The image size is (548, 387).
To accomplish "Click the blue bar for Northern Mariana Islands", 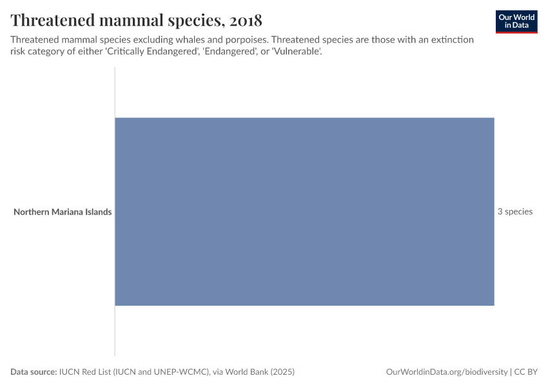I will (x=304, y=212).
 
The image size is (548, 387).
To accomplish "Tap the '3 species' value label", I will (x=514, y=212).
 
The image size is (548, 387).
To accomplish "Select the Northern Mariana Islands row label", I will (x=63, y=212).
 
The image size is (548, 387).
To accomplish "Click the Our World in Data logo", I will (x=516, y=21).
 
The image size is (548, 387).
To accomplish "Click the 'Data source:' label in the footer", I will (x=33, y=372).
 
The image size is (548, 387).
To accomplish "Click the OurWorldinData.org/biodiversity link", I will (x=446, y=372).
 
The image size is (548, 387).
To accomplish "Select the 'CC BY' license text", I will (x=525, y=372).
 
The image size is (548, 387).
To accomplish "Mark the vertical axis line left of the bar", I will (x=115, y=335).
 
